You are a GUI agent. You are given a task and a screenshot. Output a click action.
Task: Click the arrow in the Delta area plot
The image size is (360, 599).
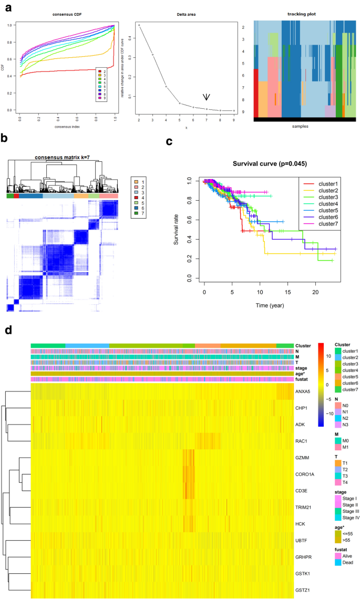pos(207,97)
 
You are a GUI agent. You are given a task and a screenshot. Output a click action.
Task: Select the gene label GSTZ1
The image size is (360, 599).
pos(304,590)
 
